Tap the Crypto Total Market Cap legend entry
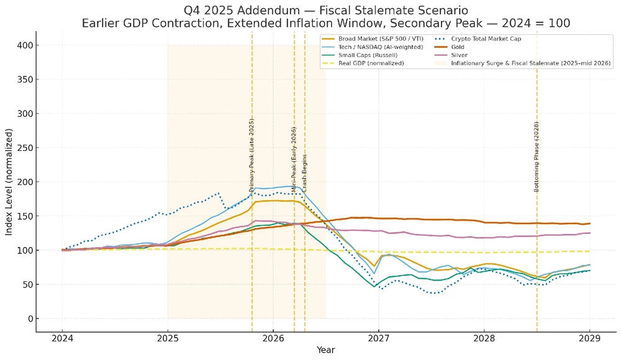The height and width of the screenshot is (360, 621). [x=486, y=38]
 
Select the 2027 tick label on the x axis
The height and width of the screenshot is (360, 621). [x=378, y=338]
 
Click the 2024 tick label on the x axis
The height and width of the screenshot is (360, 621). [x=62, y=338]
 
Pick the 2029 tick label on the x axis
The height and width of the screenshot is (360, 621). [x=589, y=338]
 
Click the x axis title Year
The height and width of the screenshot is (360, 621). [x=326, y=350]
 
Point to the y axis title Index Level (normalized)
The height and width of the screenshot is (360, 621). [x=9, y=182]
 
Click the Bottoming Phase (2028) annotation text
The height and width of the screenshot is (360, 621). [x=537, y=156]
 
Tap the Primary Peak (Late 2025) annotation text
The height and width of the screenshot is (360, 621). [x=252, y=155]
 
